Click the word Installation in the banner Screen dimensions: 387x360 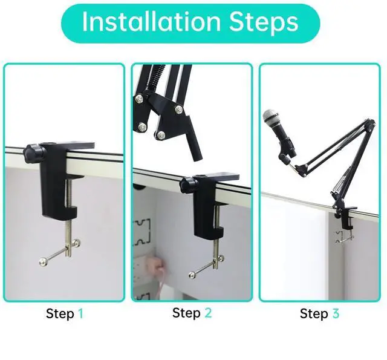[x=151, y=22]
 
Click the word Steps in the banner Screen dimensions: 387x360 [x=264, y=23]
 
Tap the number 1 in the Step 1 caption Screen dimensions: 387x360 [x=80, y=314]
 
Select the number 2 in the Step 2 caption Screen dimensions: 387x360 [x=208, y=313]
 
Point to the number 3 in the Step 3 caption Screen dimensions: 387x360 [x=336, y=313]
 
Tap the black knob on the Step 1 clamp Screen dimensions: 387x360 [x=33, y=152]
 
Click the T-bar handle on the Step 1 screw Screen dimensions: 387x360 [x=60, y=252]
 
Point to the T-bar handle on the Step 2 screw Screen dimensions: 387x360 [x=207, y=267]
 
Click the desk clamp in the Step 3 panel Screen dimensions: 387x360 [x=344, y=217]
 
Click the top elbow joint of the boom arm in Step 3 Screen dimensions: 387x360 [x=369, y=123]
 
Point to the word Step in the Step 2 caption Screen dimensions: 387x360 [x=186, y=313]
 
